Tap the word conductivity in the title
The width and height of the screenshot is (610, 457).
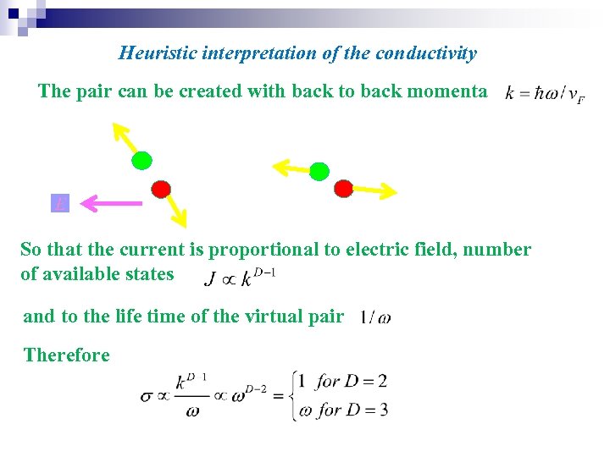[x=430, y=53]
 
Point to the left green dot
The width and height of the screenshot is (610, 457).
[x=141, y=160]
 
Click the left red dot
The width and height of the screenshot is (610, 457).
[x=161, y=188]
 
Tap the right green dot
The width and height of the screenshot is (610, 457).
[x=319, y=172]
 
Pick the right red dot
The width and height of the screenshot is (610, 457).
[x=343, y=188]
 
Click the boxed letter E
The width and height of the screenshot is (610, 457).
[x=60, y=203]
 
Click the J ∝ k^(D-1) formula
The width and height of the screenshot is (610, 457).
[x=241, y=277]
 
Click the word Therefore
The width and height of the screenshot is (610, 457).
[x=67, y=355]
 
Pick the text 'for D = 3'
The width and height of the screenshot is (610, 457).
[x=351, y=410]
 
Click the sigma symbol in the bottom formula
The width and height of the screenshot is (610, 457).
[x=147, y=395]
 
